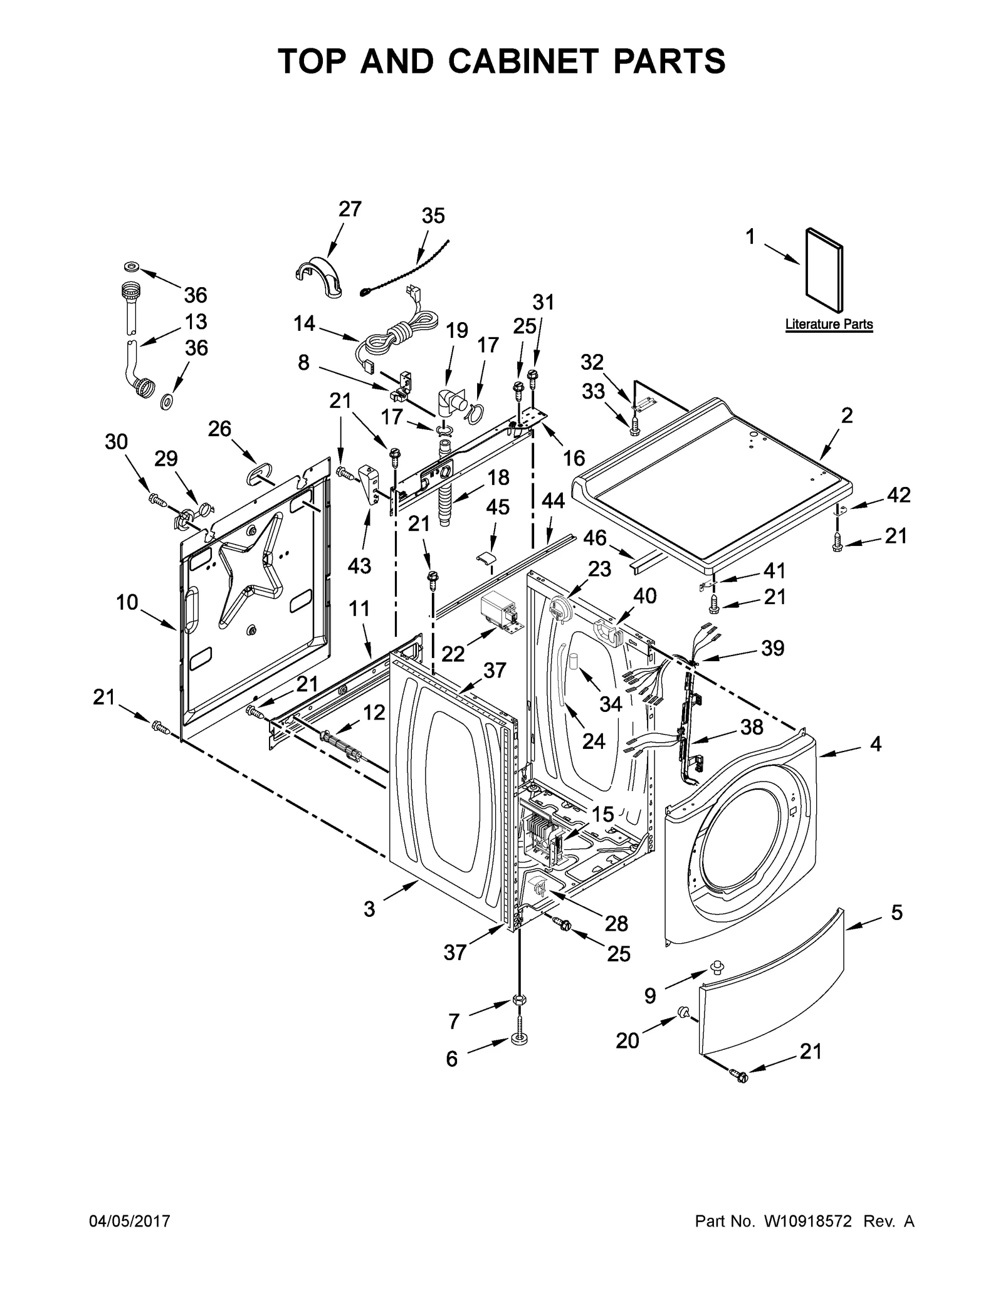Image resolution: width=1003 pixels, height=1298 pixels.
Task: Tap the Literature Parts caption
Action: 828,324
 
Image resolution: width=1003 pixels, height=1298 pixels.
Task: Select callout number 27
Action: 350,209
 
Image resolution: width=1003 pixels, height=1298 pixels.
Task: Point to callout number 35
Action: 433,216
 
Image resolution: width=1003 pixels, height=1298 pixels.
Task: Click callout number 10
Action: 127,602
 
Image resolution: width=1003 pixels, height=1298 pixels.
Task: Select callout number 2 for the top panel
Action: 846,415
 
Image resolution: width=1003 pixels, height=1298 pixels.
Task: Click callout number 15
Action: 602,814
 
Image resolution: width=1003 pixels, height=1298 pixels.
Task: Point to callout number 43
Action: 360,565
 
